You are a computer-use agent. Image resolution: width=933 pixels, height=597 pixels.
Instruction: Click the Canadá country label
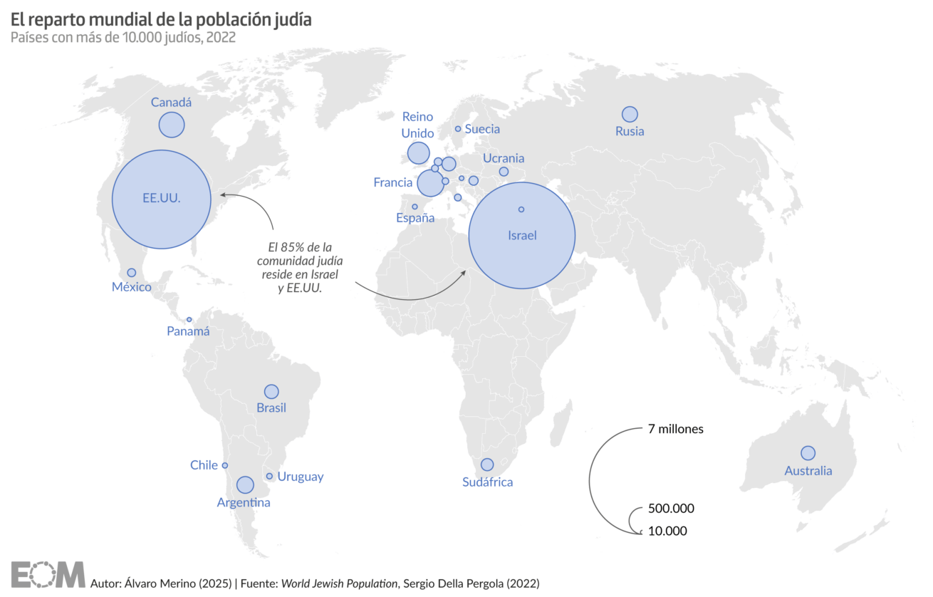click(171, 103)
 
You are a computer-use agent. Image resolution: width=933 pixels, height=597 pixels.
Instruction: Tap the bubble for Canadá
click(172, 125)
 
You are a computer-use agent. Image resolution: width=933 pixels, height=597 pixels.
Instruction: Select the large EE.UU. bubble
click(162, 199)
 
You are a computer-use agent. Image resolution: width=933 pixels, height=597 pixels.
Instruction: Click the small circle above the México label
click(132, 272)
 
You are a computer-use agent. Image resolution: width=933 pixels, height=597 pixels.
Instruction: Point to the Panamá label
click(188, 331)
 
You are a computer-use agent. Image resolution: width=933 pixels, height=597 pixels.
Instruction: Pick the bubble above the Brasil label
click(271, 391)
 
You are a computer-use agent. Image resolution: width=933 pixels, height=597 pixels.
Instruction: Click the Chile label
click(204, 465)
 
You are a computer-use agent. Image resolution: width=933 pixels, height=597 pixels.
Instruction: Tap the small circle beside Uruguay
click(269, 476)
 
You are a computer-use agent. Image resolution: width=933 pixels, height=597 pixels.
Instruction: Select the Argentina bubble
click(245, 484)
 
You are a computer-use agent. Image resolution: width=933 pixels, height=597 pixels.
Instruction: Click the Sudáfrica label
click(487, 482)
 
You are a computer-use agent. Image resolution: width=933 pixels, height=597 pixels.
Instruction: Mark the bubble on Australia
click(808, 453)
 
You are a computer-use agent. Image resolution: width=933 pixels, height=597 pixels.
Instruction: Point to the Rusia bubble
click(630, 114)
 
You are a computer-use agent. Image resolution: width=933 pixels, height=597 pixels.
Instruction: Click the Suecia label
click(482, 129)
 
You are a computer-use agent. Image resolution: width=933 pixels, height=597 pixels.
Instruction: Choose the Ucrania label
click(504, 158)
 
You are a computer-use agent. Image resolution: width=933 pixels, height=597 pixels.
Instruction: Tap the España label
click(415, 218)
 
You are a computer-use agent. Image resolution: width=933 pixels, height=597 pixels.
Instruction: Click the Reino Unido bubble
click(418, 153)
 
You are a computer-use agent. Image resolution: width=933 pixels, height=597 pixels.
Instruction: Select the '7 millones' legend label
click(676, 429)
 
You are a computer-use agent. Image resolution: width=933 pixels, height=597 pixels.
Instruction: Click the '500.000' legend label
click(671, 509)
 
